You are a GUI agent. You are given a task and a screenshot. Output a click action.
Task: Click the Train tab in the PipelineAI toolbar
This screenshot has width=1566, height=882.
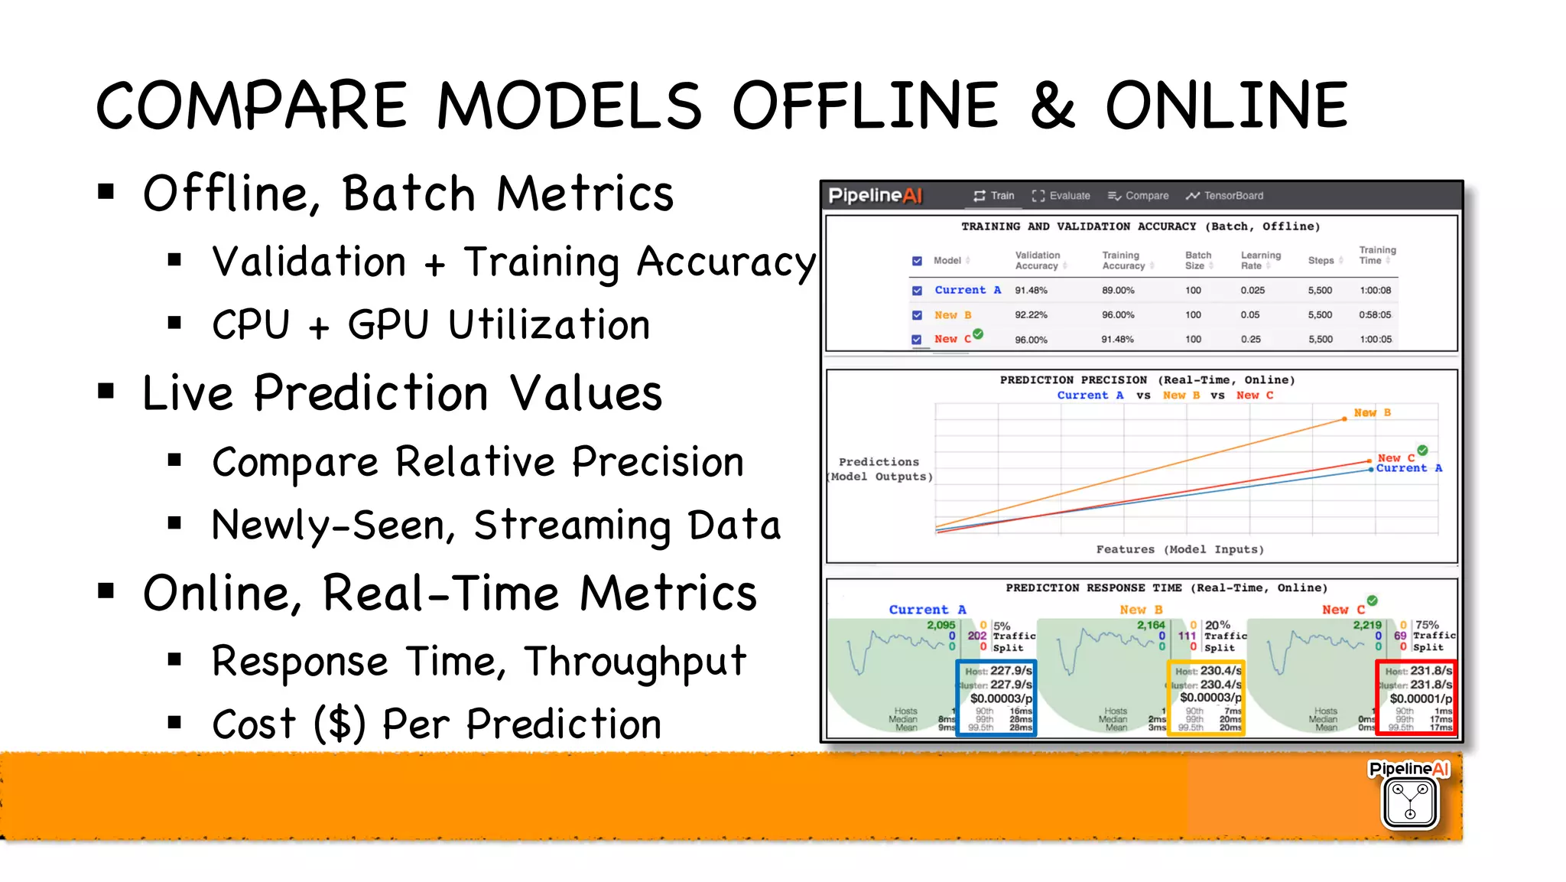pyautogui.click(x=993, y=196)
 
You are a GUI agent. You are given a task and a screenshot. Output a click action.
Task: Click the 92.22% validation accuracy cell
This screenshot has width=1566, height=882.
pyautogui.click(x=1031, y=315)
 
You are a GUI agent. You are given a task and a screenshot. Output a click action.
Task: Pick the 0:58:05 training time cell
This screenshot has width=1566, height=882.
pyautogui.click(x=1375, y=315)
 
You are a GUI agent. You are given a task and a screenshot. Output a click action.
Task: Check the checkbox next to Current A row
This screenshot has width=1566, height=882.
pyautogui.click(x=917, y=291)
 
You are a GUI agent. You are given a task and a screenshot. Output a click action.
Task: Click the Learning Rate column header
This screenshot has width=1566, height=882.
pyautogui.click(x=1259, y=261)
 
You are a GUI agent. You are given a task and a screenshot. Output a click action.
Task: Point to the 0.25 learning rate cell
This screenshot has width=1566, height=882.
pyautogui.click(x=1251, y=340)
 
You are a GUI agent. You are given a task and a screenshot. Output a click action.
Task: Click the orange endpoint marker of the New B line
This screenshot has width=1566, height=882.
pyautogui.click(x=1344, y=419)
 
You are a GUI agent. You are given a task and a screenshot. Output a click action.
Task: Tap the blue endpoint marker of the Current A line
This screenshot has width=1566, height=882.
pyautogui.click(x=1370, y=470)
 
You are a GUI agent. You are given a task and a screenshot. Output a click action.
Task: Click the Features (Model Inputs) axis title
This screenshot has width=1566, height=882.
pyautogui.click(x=1179, y=549)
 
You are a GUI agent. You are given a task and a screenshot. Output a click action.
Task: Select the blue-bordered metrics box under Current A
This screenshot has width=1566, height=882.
pyautogui.click(x=996, y=698)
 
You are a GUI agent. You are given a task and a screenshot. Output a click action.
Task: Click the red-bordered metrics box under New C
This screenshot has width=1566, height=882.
pyautogui.click(x=1416, y=698)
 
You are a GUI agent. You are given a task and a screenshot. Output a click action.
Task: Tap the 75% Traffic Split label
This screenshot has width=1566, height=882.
pyautogui.click(x=1434, y=636)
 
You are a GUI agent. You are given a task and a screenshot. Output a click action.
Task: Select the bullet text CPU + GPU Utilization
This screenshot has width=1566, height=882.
pyautogui.click(x=430, y=325)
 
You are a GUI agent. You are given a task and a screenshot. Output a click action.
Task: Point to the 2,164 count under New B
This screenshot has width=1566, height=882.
pyautogui.click(x=1150, y=625)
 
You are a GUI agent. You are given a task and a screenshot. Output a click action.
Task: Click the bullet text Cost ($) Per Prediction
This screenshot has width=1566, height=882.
pyautogui.click(x=436, y=724)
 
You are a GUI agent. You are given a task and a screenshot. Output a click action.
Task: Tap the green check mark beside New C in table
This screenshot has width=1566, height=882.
pyautogui.click(x=978, y=334)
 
